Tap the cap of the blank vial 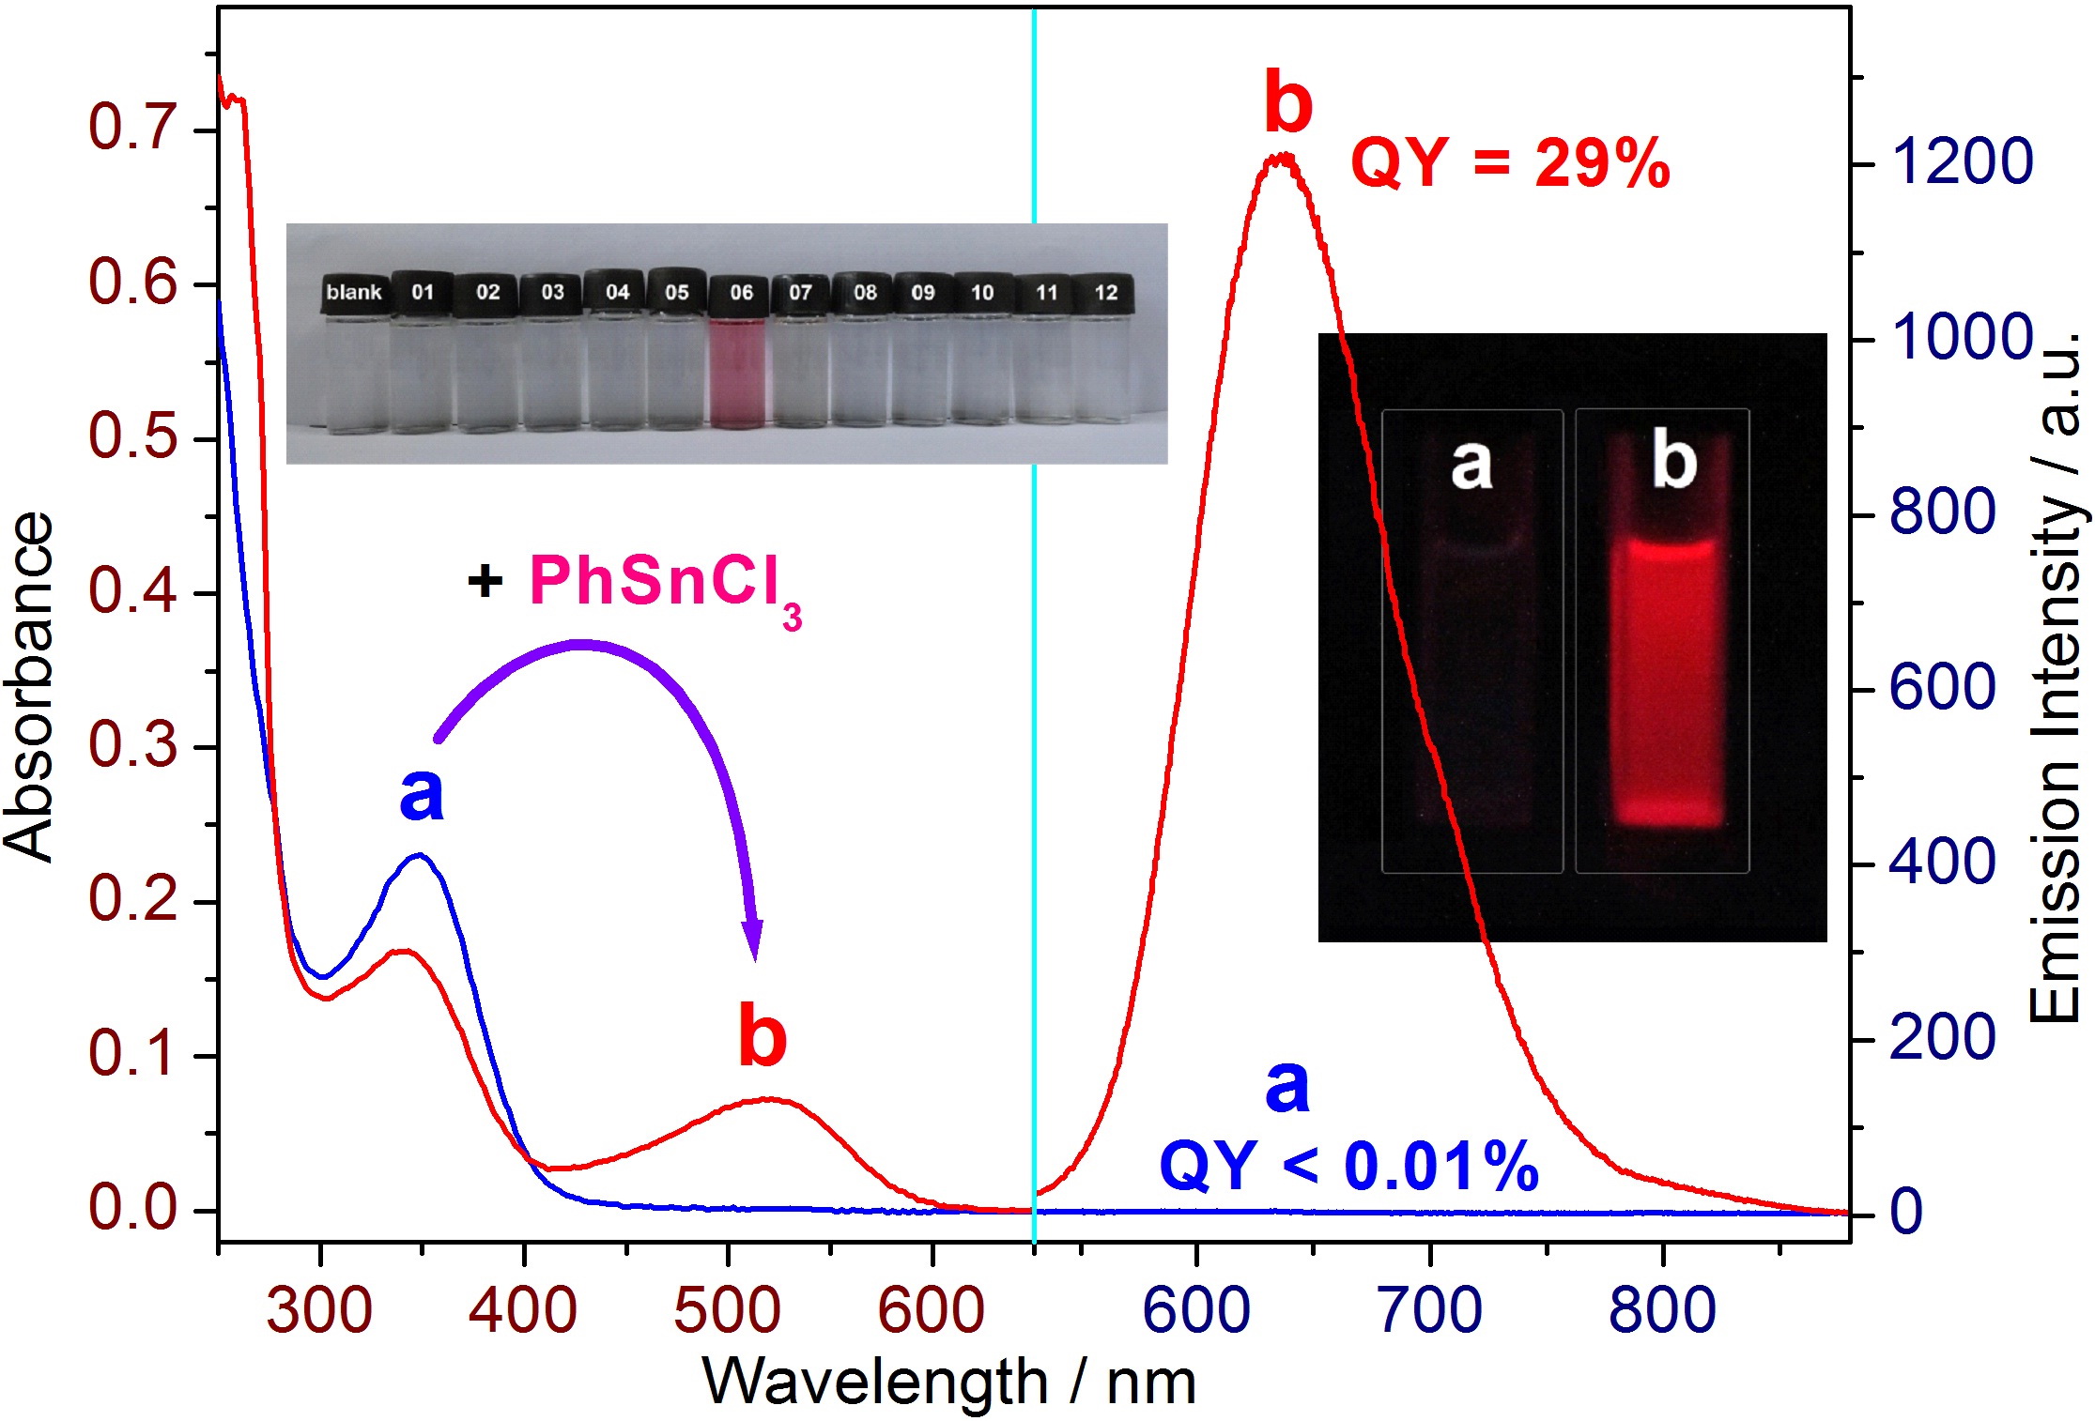click(x=353, y=293)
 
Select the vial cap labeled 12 click(x=1105, y=293)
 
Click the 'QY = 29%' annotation click(x=1509, y=164)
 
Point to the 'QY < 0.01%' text click(x=1348, y=1167)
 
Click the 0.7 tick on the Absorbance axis click(x=133, y=129)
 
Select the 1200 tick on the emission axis click(x=1961, y=161)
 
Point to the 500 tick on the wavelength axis click(x=727, y=1310)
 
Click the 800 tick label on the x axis click(x=1662, y=1310)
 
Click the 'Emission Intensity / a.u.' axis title click(x=2056, y=676)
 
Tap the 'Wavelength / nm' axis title click(x=948, y=1383)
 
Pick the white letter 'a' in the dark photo click(x=1471, y=464)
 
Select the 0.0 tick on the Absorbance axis click(x=133, y=1208)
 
